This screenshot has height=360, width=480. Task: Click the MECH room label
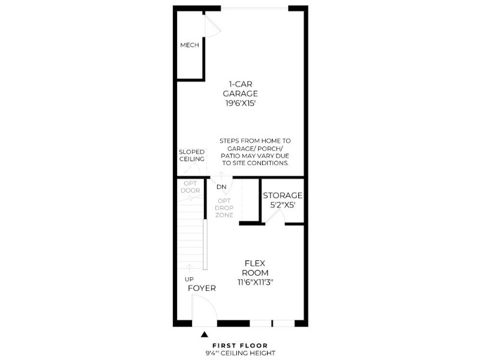point(190,45)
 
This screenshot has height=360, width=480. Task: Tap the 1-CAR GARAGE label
point(241,89)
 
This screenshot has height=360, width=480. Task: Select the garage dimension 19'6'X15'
point(241,103)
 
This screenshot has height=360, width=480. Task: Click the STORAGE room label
point(283,196)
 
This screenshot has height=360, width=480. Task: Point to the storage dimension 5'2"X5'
point(283,205)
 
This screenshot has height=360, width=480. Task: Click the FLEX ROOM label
point(255,268)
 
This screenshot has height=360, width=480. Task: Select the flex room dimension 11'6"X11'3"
point(256,282)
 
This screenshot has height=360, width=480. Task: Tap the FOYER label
point(202,288)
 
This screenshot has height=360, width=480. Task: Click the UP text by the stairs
point(189,279)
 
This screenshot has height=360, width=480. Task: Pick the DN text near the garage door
point(221,187)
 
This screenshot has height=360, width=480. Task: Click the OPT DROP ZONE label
point(224,208)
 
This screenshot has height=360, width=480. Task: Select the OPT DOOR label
point(190,187)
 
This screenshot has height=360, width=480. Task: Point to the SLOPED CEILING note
point(191,155)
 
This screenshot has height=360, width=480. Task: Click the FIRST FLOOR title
point(240,346)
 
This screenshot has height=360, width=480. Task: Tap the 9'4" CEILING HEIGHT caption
point(241,353)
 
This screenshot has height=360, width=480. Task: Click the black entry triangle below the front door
point(205,334)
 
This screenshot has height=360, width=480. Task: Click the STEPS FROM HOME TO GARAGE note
point(255,152)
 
